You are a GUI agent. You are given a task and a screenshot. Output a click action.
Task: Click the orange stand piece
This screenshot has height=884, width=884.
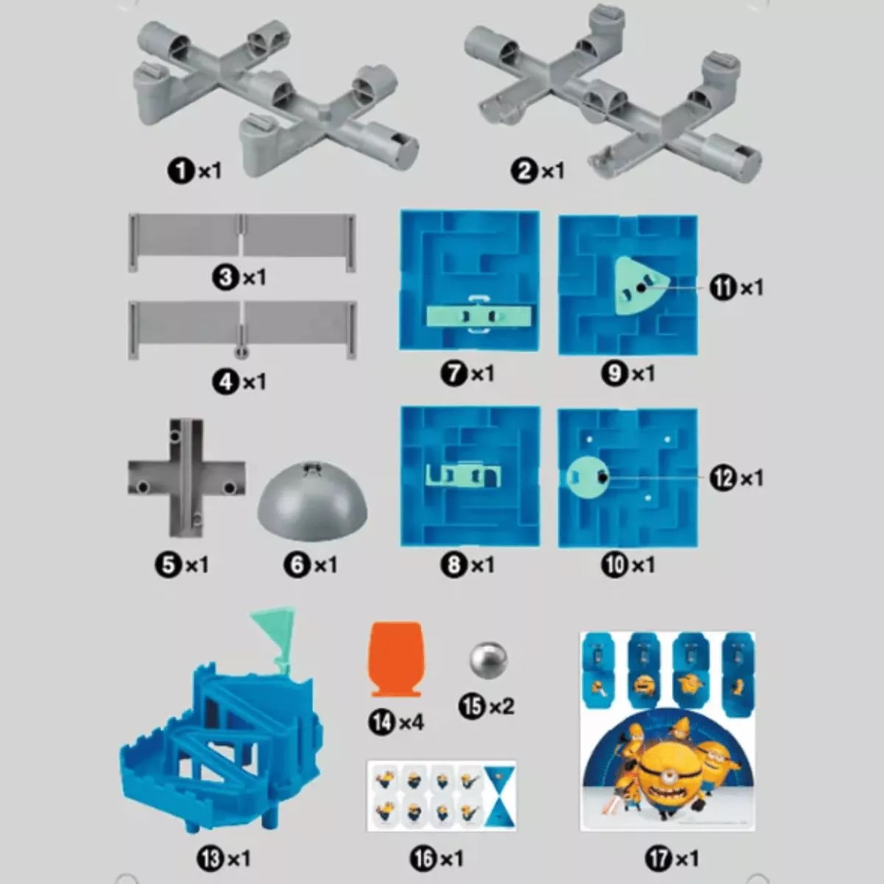click(x=396, y=659)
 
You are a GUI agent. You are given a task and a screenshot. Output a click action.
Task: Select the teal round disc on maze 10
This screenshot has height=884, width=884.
click(x=587, y=477)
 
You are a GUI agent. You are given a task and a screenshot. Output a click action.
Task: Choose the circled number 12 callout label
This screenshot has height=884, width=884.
click(x=723, y=479)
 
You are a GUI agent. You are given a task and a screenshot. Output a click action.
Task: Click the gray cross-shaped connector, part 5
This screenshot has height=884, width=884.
click(x=186, y=477)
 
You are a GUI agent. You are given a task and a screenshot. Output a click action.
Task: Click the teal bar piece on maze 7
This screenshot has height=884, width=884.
click(x=480, y=316)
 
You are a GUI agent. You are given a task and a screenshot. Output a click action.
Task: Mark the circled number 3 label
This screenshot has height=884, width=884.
click(x=225, y=278)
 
